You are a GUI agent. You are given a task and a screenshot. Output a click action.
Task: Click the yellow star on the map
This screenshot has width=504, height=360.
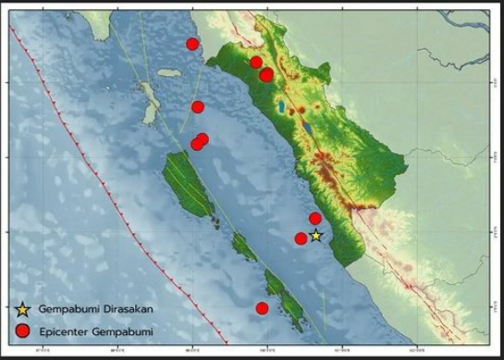click(315, 235)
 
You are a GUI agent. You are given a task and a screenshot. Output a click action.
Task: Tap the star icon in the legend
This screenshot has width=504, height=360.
click(23, 308)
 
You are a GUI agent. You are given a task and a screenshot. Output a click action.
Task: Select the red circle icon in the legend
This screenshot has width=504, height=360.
click(23, 329)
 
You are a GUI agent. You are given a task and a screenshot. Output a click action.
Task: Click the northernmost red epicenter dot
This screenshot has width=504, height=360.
click(192, 43)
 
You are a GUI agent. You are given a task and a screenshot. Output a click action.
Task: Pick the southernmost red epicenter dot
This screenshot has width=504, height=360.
click(262, 308)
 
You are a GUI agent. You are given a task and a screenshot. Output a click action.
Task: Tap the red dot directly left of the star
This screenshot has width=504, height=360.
click(301, 239)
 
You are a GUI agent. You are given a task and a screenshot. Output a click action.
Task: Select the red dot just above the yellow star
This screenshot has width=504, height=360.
click(315, 218)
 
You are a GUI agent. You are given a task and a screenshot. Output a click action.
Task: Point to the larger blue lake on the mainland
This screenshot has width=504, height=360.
click(280, 108)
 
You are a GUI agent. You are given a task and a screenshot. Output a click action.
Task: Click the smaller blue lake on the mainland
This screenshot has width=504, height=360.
click(304, 121)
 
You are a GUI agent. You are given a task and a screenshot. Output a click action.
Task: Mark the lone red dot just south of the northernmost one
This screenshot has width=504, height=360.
click(197, 106)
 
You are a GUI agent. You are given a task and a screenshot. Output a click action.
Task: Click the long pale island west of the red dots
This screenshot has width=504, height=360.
click(148, 102)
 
